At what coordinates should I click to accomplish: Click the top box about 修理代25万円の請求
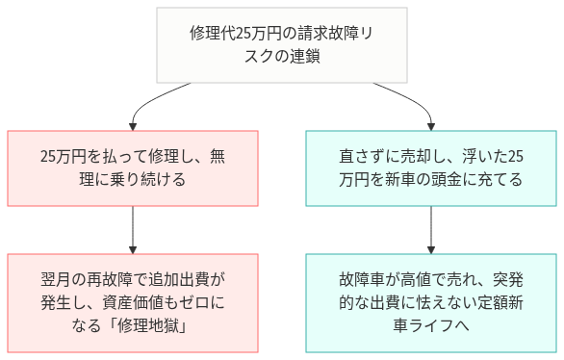[x=282, y=45]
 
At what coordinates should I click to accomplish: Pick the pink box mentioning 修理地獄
[x=133, y=301]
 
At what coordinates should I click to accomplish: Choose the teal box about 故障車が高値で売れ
[x=431, y=301]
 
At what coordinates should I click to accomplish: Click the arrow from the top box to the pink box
[x=164, y=101]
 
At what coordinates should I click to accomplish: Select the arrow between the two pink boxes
[x=133, y=229]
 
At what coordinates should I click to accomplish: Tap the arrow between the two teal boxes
[x=431, y=229]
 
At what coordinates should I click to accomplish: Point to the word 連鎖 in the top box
[x=305, y=57]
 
